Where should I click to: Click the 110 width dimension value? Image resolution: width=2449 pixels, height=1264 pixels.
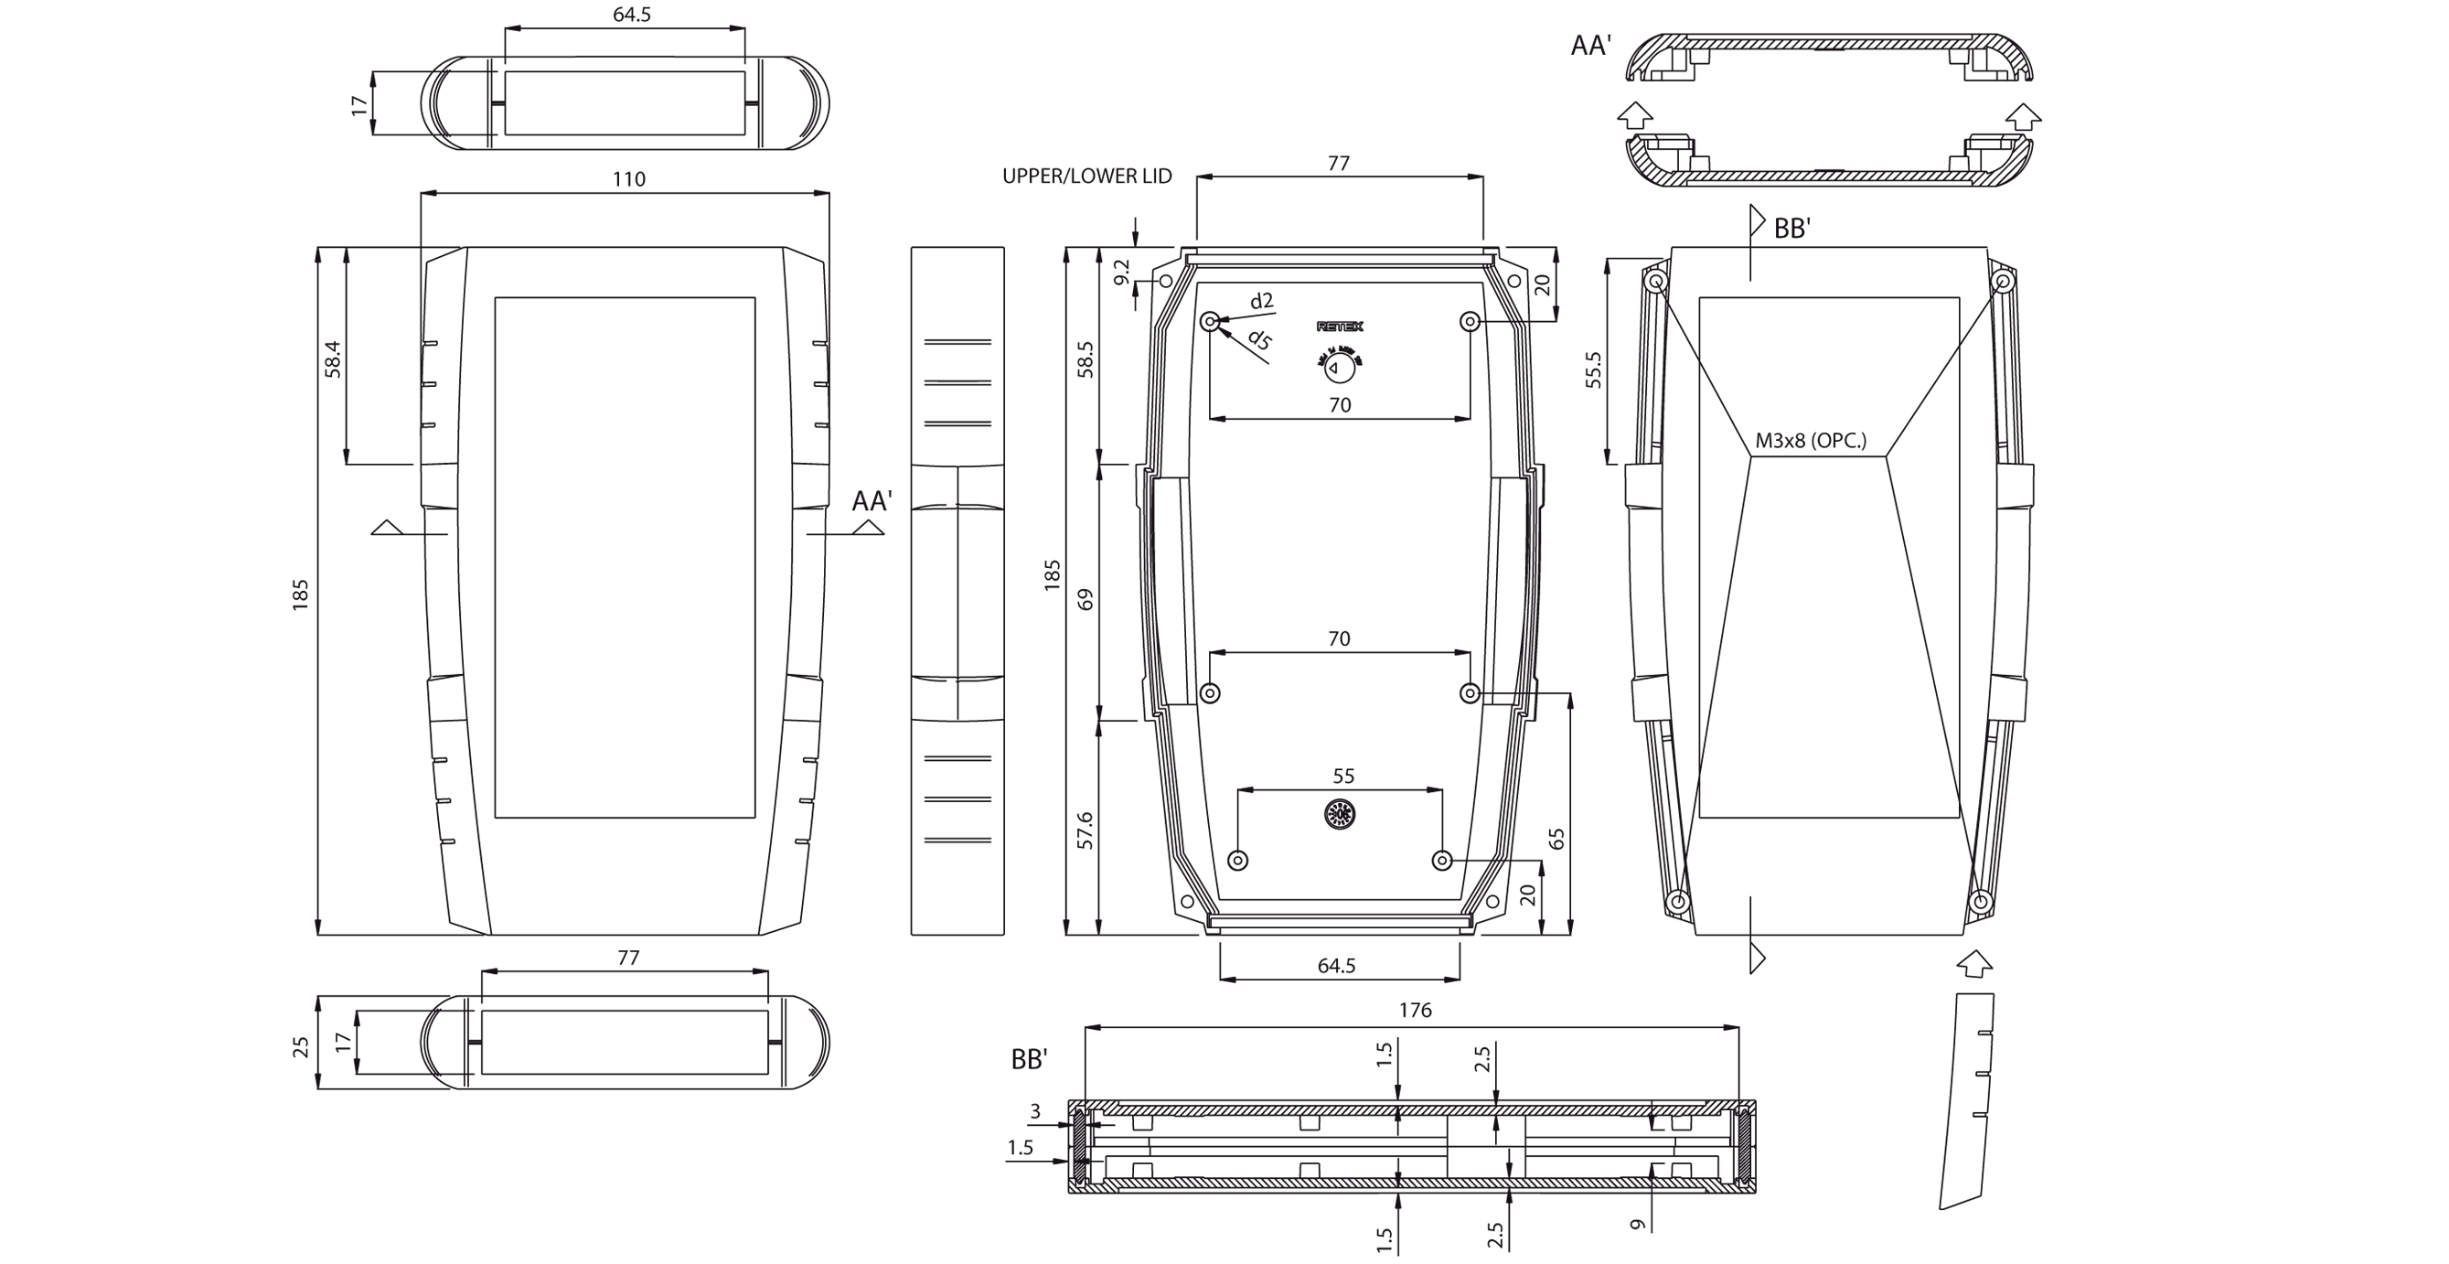tap(628, 178)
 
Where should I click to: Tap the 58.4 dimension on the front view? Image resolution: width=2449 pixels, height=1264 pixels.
tap(333, 359)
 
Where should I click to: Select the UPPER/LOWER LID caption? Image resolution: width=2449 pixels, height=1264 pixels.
tap(1086, 176)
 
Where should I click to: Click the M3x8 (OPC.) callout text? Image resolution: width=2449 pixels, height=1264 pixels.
tap(1810, 440)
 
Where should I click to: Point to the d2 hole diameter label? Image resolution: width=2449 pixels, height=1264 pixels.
tap(1262, 302)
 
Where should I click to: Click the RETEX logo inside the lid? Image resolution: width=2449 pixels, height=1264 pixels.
tap(1340, 327)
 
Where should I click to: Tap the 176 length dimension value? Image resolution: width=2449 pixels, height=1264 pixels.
tap(1415, 1010)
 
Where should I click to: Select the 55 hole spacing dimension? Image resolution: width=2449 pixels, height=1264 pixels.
tap(1342, 777)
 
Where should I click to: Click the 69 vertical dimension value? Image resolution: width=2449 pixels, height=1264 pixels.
tap(1085, 599)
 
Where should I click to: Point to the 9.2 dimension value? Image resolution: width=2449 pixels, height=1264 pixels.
tap(1122, 272)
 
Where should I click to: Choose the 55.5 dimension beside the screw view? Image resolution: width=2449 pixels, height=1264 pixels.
tap(1593, 370)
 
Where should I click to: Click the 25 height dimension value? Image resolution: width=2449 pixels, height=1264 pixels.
tap(302, 1047)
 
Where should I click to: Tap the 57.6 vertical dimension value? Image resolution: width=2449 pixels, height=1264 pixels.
tap(1085, 830)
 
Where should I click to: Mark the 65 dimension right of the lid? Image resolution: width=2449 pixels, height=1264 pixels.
tap(1556, 839)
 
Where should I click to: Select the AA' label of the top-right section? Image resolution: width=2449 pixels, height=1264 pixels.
tap(1590, 46)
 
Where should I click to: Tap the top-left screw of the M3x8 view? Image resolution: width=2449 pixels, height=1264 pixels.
tap(1656, 281)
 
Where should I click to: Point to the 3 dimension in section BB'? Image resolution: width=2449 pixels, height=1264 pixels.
tap(1035, 1111)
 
